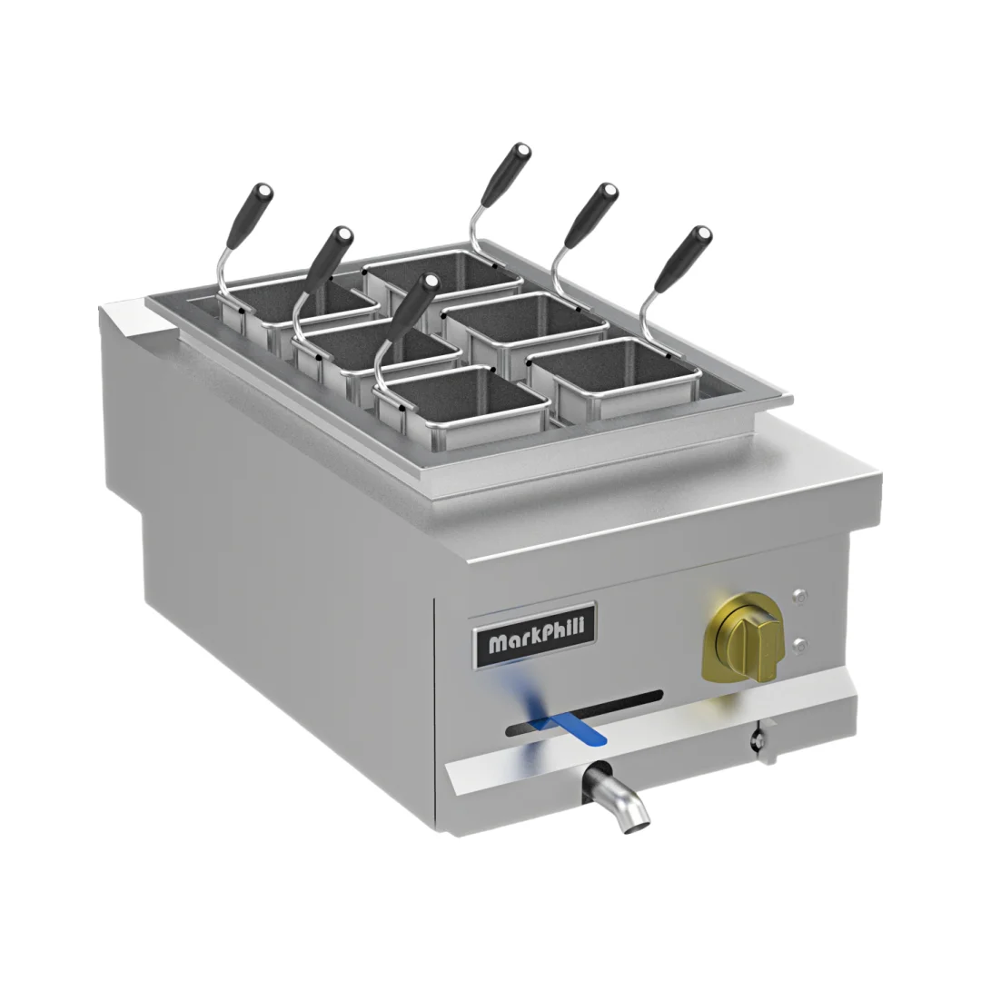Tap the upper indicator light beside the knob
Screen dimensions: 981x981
coord(799,597)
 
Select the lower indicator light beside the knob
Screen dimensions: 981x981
coord(799,646)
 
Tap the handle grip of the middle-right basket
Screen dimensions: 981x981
coord(590,215)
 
